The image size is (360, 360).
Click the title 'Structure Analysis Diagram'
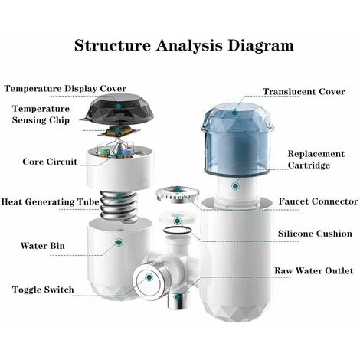[x=184, y=46]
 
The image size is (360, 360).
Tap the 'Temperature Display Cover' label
[x=65, y=89]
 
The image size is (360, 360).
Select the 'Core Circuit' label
[x=50, y=162]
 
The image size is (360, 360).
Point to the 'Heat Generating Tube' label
[x=50, y=201]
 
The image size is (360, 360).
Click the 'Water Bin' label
[x=43, y=246]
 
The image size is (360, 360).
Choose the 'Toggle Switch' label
[x=43, y=290]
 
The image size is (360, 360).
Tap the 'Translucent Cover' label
[x=304, y=91]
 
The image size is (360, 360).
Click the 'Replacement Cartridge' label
[x=316, y=159]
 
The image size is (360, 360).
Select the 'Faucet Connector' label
[x=318, y=201]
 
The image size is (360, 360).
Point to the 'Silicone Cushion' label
[x=315, y=234]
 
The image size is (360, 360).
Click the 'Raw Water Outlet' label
[x=314, y=270]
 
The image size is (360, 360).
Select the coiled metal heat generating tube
[x=119, y=206]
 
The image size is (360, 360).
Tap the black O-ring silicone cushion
[x=177, y=230]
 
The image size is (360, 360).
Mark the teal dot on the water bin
[x=119, y=242]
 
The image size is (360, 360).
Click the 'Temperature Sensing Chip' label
[x=41, y=114]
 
